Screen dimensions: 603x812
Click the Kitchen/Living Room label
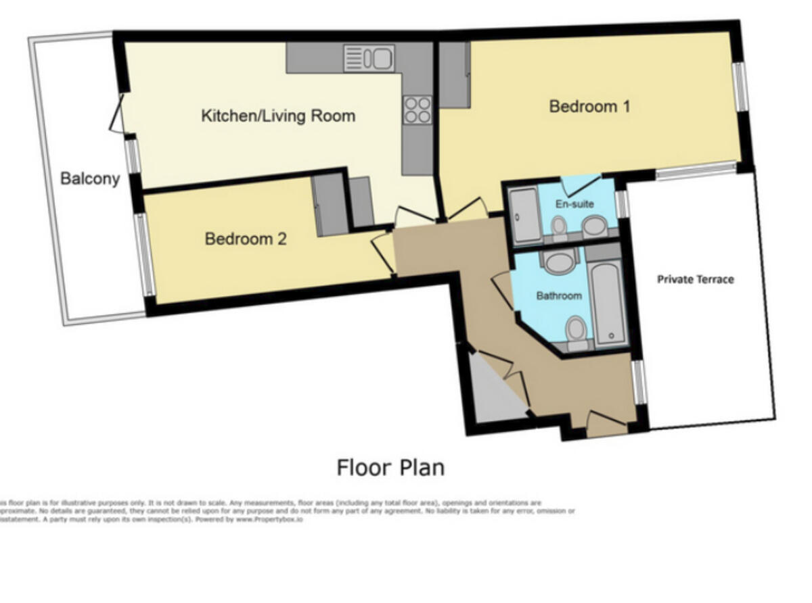pos(278,116)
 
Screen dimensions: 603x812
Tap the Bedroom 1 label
pos(589,106)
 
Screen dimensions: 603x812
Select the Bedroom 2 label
pos(246,239)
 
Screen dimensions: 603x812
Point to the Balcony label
pos(90,178)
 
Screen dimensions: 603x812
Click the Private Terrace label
pos(695,279)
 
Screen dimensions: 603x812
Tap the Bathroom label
pos(559,295)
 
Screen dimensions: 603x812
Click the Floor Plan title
pos(390,467)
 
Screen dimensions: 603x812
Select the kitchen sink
pos(369,57)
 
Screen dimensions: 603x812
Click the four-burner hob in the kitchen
pos(418,110)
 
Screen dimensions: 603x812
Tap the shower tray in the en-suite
pos(524,215)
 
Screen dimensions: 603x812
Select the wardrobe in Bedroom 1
pos(455,74)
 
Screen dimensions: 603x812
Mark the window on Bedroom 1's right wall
pos(742,87)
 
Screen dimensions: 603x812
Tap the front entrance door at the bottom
pos(606,425)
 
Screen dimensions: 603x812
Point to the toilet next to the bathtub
pos(576,331)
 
